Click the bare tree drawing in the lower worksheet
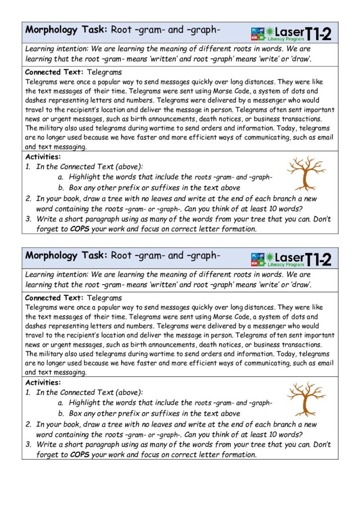[x=307, y=399]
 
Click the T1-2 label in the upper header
[x=318, y=34]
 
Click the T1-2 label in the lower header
[x=318, y=259]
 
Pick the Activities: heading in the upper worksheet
[x=43, y=157]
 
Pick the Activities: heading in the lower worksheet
[x=43, y=383]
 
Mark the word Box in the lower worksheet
[x=75, y=413]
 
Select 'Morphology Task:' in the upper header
[x=65, y=30]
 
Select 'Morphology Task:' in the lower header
[x=65, y=255]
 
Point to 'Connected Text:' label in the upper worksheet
[x=54, y=73]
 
